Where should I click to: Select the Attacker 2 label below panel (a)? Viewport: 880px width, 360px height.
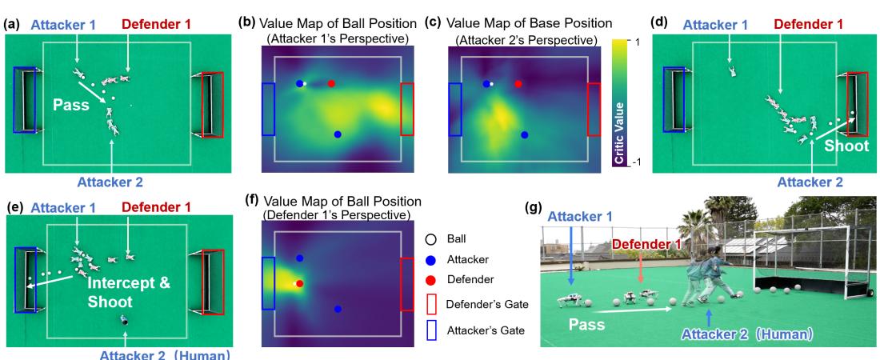[x=110, y=182]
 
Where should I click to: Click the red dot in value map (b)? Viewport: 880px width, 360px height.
[x=331, y=83]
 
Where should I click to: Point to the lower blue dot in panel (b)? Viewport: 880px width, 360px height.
[x=338, y=134]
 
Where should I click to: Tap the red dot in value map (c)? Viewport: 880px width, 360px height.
[x=518, y=83]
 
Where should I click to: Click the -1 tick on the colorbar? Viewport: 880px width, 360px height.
[x=639, y=162]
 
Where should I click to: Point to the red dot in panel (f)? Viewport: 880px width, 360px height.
[x=300, y=283]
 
